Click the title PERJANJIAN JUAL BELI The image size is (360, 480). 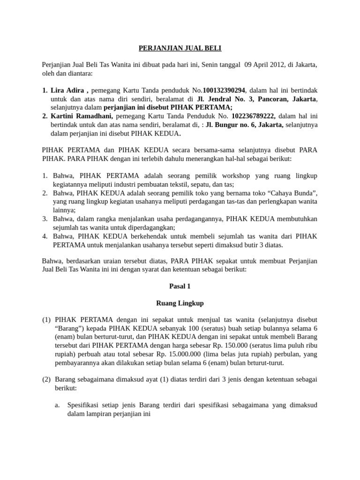coord(180,48)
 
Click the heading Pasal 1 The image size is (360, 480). coord(180,285)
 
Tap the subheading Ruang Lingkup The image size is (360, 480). coord(180,303)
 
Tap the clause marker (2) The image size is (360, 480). coord(46,380)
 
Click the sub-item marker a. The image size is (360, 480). coord(58,406)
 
